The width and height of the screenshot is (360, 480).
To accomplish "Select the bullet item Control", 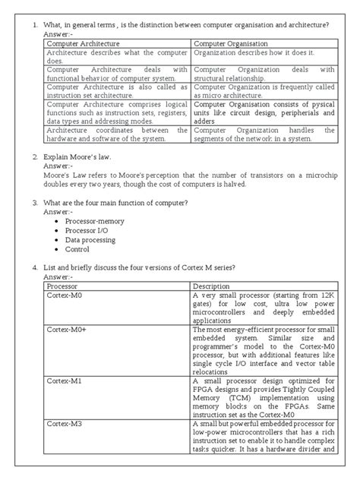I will (77, 248).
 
